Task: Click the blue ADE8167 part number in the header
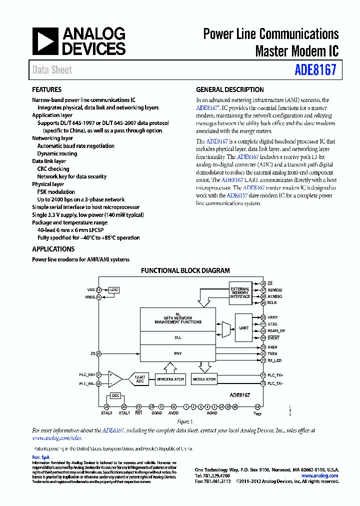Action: click(x=315, y=70)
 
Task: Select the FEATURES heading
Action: click(x=46, y=90)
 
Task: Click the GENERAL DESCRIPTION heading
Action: click(x=229, y=90)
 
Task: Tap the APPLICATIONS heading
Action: click(x=53, y=249)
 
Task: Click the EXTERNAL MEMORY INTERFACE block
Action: click(x=240, y=293)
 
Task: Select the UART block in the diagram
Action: click(x=243, y=328)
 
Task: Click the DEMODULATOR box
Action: click(x=170, y=379)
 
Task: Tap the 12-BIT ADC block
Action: click(x=139, y=379)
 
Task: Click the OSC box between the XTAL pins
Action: click(x=115, y=395)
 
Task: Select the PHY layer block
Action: click(x=177, y=353)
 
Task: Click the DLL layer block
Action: click(x=177, y=337)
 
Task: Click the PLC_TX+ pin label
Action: click(x=275, y=375)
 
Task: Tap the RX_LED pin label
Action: click(x=275, y=360)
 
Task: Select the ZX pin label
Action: click(x=93, y=353)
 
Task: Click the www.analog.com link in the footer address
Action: click(x=319, y=475)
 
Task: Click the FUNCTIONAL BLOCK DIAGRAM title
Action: click(x=185, y=270)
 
